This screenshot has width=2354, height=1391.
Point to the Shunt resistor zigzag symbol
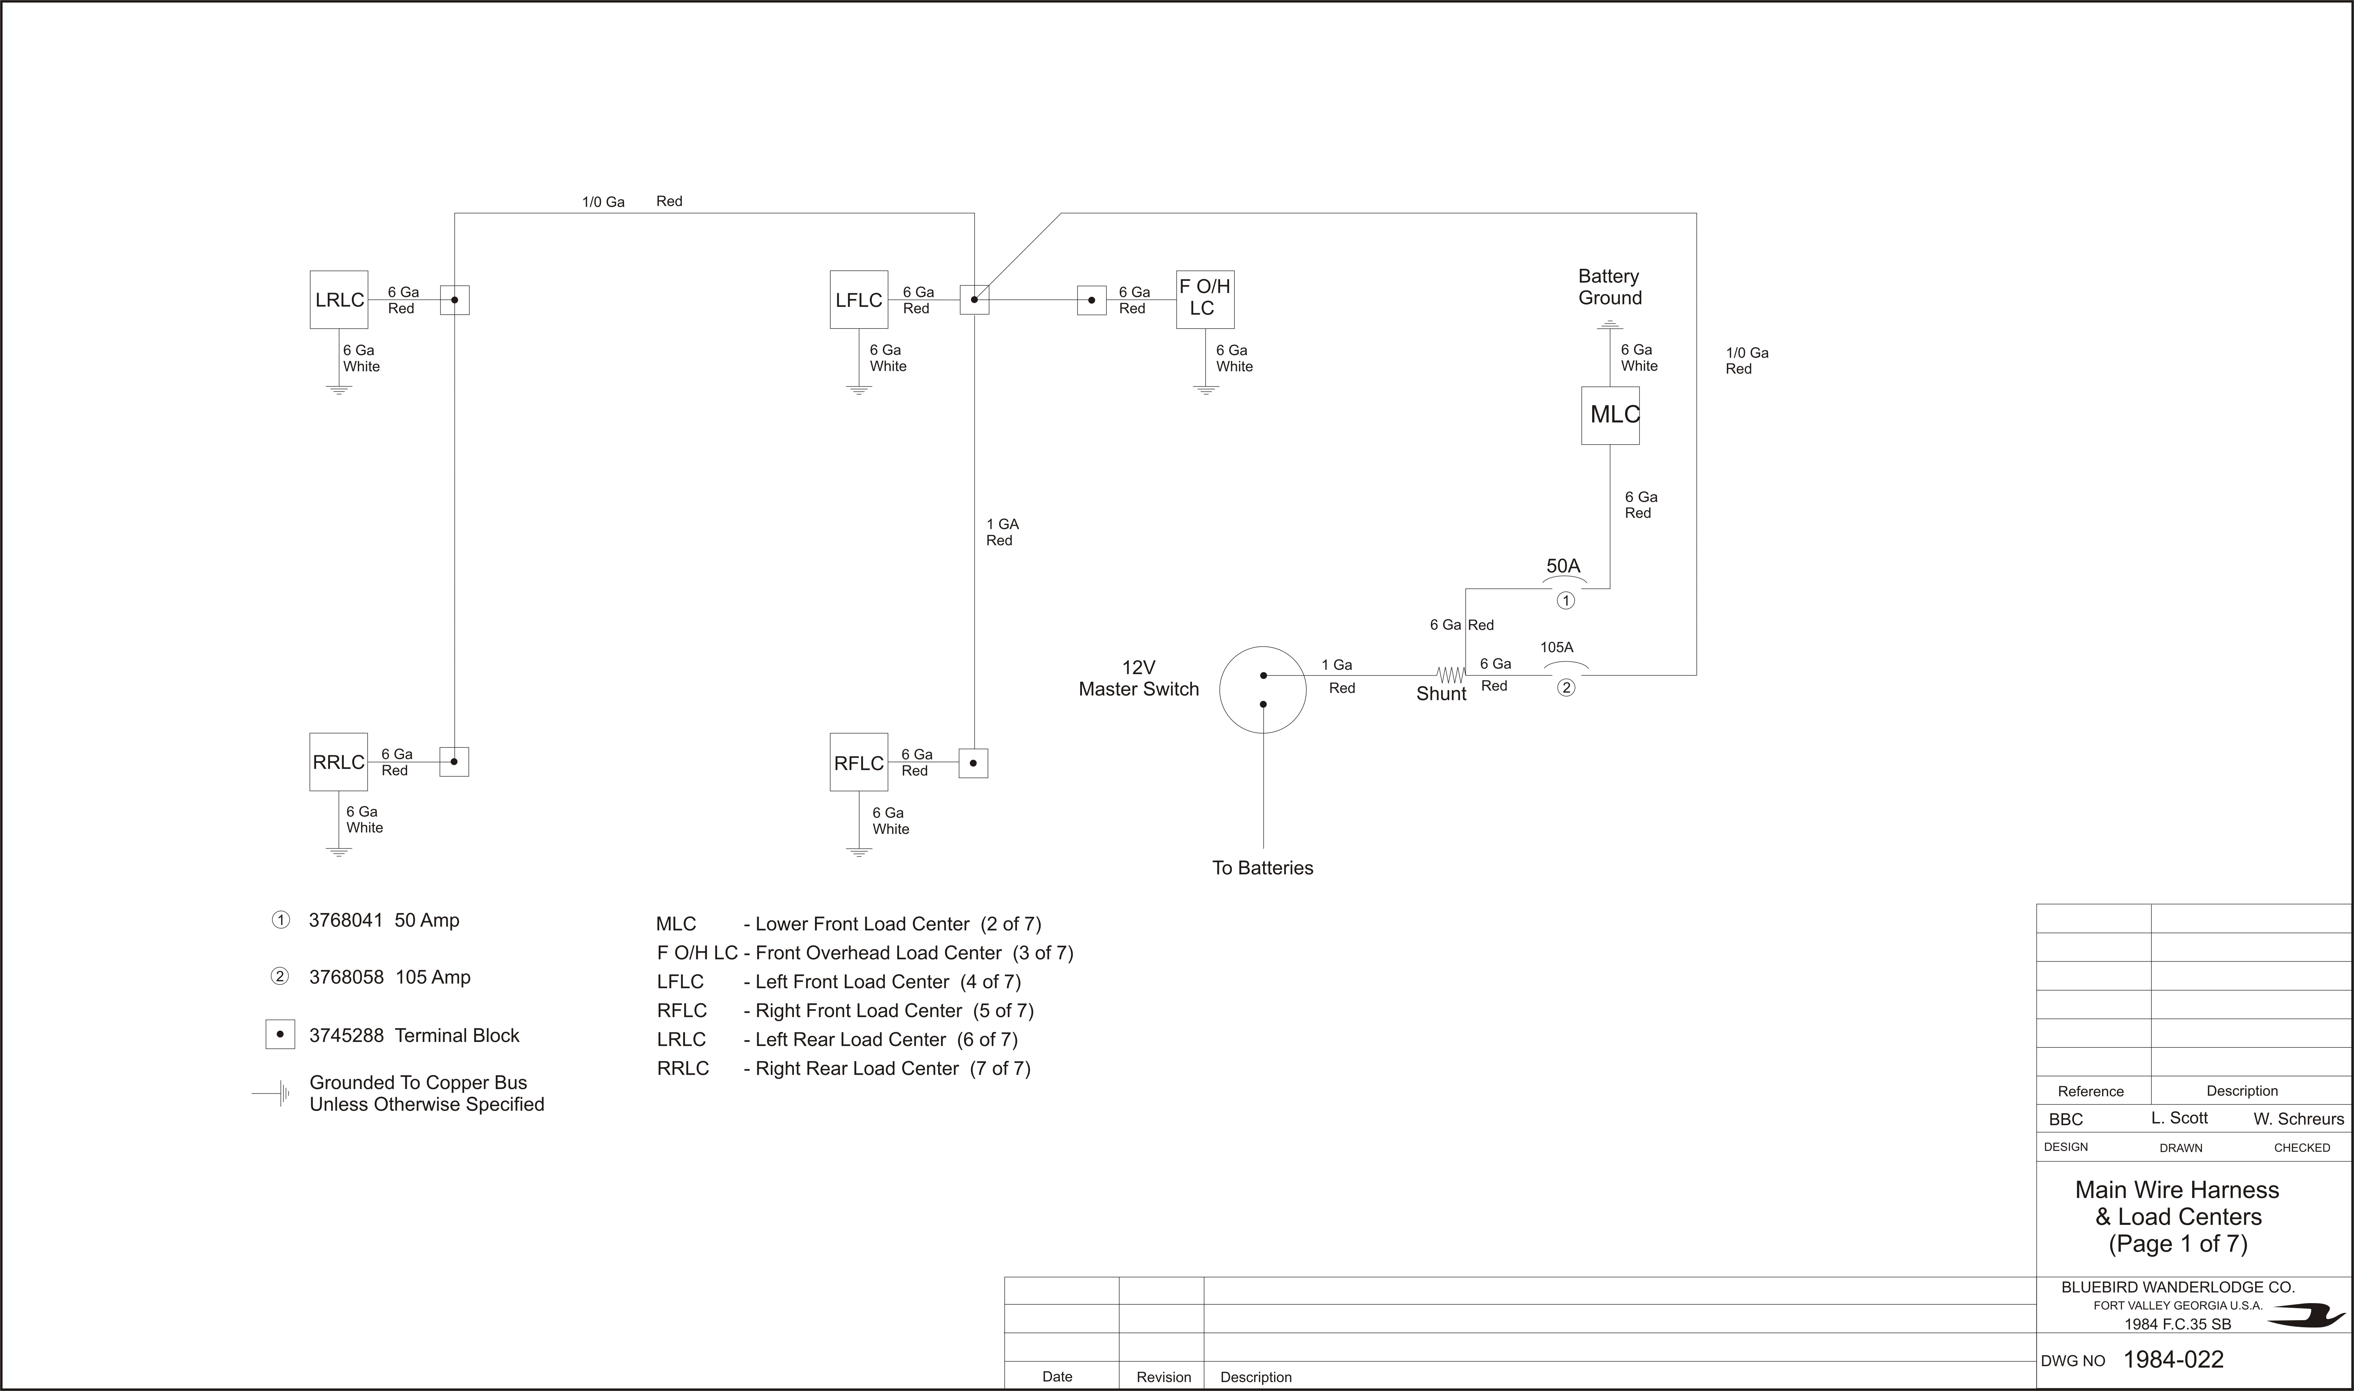click(x=1451, y=675)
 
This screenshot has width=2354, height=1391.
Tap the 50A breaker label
click(x=1563, y=566)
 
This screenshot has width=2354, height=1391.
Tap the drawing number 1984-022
click(x=2173, y=1359)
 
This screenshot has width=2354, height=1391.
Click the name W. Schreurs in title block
click(x=2299, y=1118)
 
